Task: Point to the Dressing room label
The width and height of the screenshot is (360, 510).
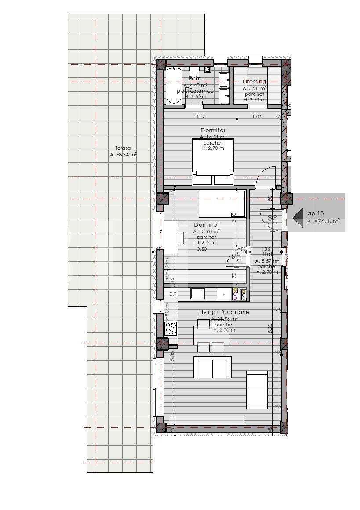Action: coord(255,82)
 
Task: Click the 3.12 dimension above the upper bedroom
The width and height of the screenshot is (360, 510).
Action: coord(200,116)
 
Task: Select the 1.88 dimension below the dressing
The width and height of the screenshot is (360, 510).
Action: coord(257,116)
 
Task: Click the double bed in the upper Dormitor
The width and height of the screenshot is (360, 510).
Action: coord(213,161)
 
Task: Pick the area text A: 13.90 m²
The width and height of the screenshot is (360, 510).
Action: coord(207,231)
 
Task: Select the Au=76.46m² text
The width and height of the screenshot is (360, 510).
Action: coord(324,222)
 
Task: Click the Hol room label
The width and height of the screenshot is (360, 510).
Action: coord(267,254)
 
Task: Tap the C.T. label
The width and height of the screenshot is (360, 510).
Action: coord(173,294)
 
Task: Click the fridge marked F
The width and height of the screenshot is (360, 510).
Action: coord(224,294)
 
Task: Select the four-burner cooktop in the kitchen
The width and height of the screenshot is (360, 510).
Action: coord(171,328)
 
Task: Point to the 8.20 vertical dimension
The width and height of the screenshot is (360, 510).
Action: coord(270,327)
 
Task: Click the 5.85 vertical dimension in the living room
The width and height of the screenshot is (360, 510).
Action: coord(173,355)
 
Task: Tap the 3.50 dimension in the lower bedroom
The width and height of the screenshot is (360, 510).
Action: coord(202,249)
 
